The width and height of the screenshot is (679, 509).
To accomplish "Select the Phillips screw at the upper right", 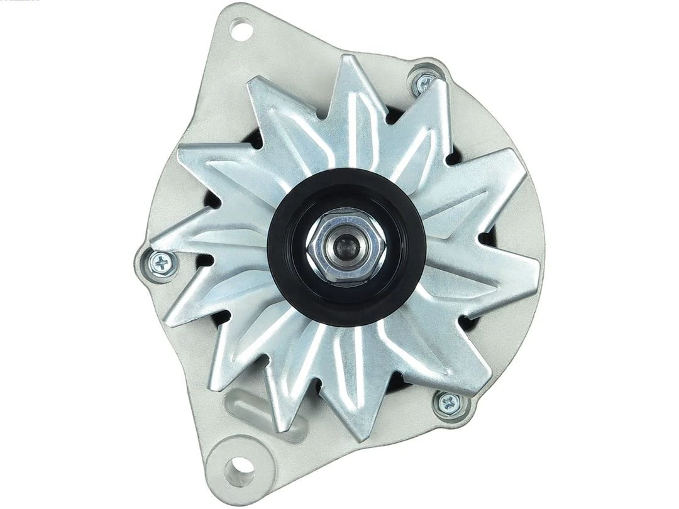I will point(424,81).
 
